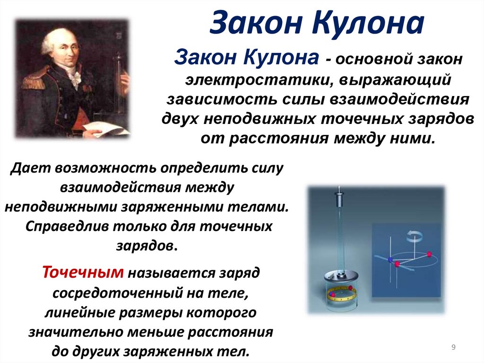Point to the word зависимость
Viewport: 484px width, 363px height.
coord(215,100)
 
